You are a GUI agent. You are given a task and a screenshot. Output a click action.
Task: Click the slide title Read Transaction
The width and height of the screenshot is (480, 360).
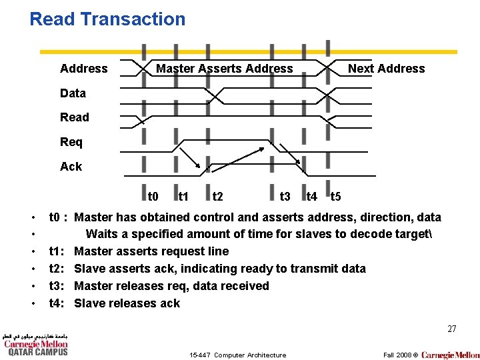[x=107, y=19]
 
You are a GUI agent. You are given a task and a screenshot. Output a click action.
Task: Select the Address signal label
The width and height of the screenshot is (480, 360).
[x=83, y=69]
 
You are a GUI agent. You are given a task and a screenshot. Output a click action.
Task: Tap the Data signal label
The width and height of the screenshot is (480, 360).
[x=73, y=93]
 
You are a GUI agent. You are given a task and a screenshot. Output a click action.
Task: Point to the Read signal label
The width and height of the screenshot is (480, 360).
[x=74, y=117]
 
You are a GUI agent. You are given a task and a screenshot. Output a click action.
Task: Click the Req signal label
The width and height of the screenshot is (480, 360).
[x=71, y=142]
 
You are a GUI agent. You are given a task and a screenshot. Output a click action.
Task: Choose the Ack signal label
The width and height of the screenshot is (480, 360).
[x=71, y=167]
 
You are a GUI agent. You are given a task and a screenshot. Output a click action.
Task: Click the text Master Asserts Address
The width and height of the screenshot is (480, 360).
[x=224, y=69]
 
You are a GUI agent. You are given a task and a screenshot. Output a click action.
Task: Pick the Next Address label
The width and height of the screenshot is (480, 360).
[x=386, y=69]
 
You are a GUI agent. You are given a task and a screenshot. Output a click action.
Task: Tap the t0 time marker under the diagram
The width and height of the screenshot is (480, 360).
[x=153, y=197]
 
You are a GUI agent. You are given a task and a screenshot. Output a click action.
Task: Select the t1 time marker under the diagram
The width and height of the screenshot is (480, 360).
[x=183, y=197]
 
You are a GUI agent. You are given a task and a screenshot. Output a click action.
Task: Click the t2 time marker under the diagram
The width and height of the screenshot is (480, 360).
[x=217, y=197]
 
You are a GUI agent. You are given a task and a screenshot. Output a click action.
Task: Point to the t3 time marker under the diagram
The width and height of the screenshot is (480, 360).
[x=285, y=197]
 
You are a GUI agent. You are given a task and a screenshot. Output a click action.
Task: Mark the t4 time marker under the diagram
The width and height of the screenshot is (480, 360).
[x=311, y=197]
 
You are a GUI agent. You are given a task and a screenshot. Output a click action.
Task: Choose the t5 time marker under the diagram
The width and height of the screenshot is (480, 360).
[x=336, y=197]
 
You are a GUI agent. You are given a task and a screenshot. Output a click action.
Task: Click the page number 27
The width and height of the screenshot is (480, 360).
[x=451, y=329]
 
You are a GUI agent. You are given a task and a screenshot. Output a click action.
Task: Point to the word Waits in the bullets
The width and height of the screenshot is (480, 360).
[x=103, y=234]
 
